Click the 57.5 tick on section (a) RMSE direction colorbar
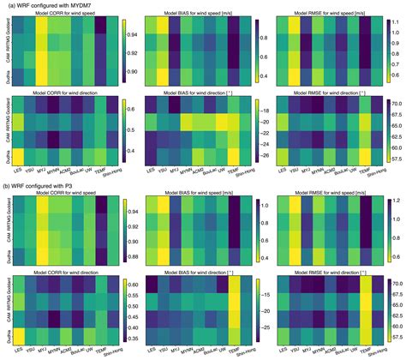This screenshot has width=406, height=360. tap(399, 159)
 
